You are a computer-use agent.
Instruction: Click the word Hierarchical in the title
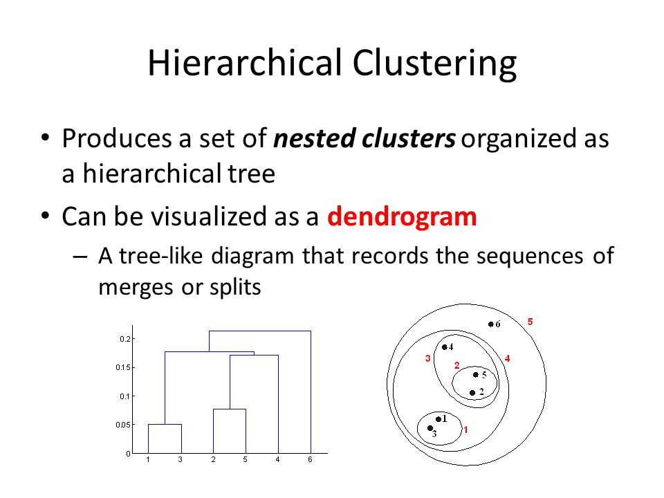(245, 63)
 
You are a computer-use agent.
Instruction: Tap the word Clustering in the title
(434, 64)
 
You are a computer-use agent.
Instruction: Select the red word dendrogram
(402, 217)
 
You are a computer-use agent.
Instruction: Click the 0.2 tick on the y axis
(125, 339)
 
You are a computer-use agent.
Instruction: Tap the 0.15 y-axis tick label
(123, 367)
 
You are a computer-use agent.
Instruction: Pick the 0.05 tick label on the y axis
(123, 425)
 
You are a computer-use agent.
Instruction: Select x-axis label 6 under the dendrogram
(311, 459)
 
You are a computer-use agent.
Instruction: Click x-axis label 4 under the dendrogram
(278, 459)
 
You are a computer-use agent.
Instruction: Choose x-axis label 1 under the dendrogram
(148, 459)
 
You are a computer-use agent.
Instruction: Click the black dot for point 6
(491, 324)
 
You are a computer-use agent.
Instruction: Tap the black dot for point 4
(445, 347)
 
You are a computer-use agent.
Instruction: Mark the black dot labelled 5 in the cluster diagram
(476, 375)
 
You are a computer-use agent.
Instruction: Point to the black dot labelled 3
(430, 428)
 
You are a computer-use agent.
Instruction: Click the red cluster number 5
(531, 322)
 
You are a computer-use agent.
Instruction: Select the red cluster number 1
(465, 430)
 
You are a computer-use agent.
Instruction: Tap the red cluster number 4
(507, 359)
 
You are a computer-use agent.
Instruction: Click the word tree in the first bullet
(252, 174)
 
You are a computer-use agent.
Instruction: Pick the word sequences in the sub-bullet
(530, 256)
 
